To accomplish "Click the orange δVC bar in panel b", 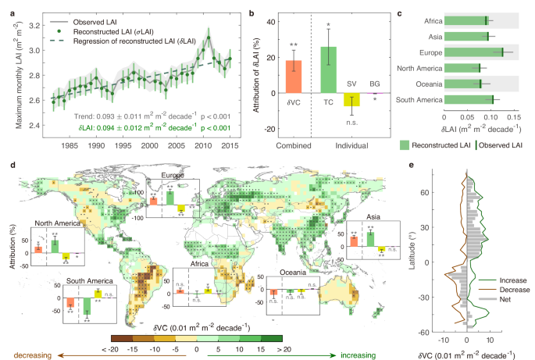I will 294,77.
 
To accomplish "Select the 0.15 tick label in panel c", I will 512,116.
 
